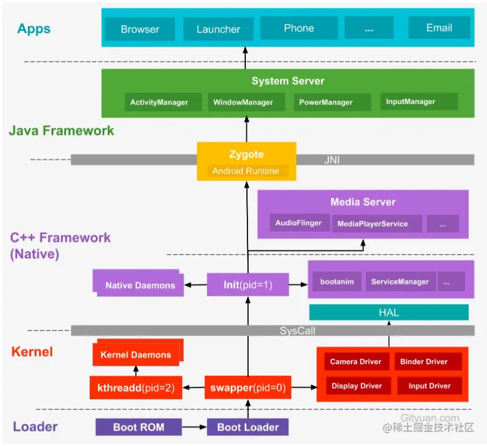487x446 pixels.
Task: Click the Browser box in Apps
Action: pos(140,29)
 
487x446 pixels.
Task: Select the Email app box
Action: pos(439,27)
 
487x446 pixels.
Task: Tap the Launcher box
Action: pos(218,29)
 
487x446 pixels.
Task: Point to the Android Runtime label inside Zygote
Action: pos(246,171)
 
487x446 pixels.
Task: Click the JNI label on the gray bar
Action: pos(332,160)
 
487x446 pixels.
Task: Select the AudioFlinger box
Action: pos(299,223)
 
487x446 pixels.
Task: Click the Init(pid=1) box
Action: pos(247,284)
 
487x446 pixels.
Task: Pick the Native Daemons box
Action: pos(140,285)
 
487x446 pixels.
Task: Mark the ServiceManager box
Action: pos(400,282)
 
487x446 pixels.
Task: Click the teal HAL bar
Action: pos(388,312)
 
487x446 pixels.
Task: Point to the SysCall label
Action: pos(297,331)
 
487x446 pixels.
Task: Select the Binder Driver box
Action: pos(424,361)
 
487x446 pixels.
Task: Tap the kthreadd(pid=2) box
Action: pos(136,388)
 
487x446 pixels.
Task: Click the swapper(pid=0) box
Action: pos(247,388)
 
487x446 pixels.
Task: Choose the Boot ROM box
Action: pos(139,427)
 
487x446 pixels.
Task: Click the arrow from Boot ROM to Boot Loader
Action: pos(194,427)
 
